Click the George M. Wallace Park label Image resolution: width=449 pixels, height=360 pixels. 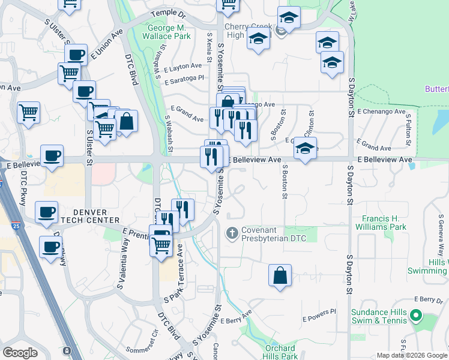[x=169, y=32]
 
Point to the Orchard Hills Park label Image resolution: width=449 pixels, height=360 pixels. [x=280, y=352]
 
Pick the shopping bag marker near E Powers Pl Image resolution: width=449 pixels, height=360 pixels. [x=280, y=275]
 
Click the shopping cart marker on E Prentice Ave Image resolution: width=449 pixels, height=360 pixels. [x=161, y=244]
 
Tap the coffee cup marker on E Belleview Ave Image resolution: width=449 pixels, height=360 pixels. [x=52, y=156]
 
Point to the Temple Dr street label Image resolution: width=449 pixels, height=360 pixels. [x=169, y=13]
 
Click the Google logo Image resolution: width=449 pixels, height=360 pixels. [x=20, y=353]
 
